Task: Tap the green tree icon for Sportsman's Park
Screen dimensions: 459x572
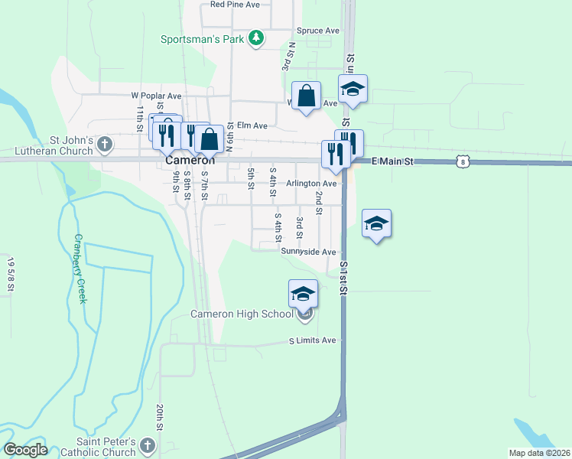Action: click(258, 37)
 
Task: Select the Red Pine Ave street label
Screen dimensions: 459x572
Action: click(236, 5)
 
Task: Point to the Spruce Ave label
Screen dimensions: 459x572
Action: click(318, 31)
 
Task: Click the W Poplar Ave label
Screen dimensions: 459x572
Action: click(156, 96)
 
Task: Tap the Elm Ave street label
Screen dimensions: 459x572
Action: click(252, 125)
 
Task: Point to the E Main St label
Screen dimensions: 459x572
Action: click(392, 162)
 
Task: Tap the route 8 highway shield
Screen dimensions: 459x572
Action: click(460, 161)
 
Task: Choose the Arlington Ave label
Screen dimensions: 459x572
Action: click(311, 184)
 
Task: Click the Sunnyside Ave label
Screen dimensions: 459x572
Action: click(308, 252)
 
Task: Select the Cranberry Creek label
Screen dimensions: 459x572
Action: click(80, 268)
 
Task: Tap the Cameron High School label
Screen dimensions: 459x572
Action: click(242, 314)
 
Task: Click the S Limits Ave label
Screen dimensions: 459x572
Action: click(312, 340)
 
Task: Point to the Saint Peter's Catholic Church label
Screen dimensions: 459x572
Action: click(106, 448)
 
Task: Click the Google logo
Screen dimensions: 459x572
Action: click(24, 450)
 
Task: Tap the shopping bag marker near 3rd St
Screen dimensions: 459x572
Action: click(306, 96)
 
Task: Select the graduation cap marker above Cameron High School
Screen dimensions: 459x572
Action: click(303, 294)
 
